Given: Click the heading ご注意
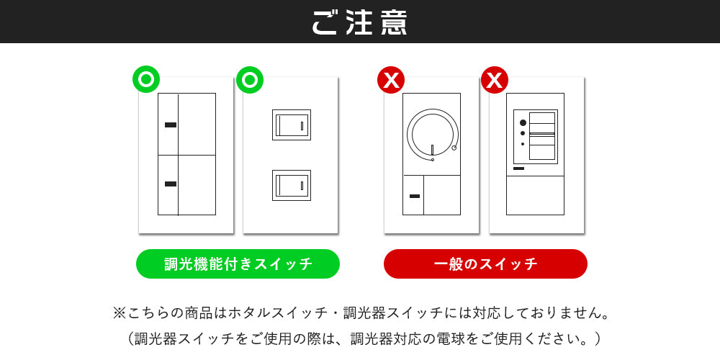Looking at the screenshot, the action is click(x=359, y=22).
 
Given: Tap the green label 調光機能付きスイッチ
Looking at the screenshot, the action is click(x=238, y=264).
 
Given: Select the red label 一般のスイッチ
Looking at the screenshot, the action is click(x=485, y=264).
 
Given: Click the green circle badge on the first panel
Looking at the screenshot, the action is click(x=146, y=80).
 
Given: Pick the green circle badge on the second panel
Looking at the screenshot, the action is click(x=250, y=80).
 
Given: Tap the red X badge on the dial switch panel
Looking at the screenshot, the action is click(x=391, y=80).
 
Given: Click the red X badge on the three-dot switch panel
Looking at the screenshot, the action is click(x=495, y=80).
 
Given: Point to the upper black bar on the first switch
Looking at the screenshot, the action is click(x=171, y=125).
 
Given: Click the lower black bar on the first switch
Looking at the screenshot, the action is click(x=171, y=184).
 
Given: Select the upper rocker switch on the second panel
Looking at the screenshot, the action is click(x=292, y=125).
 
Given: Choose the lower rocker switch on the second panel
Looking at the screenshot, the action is click(x=292, y=186).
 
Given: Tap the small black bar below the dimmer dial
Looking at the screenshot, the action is click(x=415, y=196).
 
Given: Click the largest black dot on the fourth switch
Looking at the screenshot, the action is click(x=523, y=122).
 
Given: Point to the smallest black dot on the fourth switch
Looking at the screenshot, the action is click(x=523, y=144).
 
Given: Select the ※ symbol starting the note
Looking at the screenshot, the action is click(x=119, y=314).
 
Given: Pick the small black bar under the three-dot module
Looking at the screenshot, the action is click(x=519, y=168).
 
